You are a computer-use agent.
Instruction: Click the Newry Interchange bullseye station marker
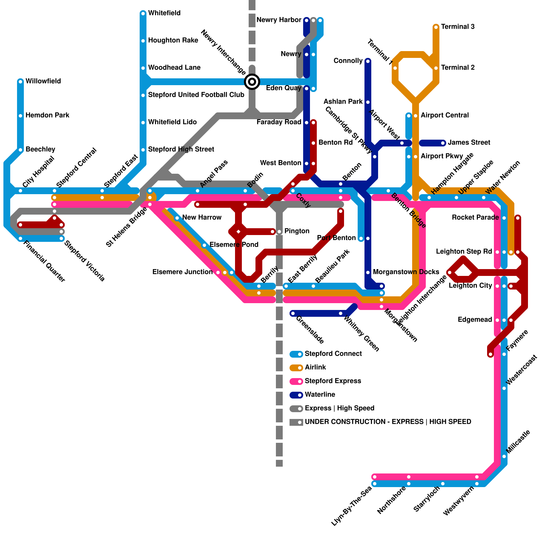[252, 82]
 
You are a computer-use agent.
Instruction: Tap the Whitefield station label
[164, 13]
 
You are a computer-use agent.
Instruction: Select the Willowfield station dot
[20, 82]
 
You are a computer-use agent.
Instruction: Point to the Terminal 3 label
[458, 27]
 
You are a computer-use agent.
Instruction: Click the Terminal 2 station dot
[436, 68]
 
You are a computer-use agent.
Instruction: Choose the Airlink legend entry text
[315, 368]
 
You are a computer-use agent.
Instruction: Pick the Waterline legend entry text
[320, 395]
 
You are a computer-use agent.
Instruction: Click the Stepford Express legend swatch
[296, 381]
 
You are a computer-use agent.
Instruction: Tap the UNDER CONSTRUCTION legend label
[388, 422]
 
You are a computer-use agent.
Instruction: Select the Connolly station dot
[368, 61]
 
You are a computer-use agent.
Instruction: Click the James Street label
[469, 143]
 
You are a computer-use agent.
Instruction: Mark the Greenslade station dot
[293, 313]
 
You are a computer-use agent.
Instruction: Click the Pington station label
[297, 231]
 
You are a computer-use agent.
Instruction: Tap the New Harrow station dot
[177, 218]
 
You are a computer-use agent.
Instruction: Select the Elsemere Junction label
[182, 272]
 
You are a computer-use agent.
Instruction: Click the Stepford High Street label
[181, 150]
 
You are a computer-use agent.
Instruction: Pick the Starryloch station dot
[443, 484]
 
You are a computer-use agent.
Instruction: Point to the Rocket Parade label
[475, 218]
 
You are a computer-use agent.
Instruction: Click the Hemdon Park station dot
[20, 116]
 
